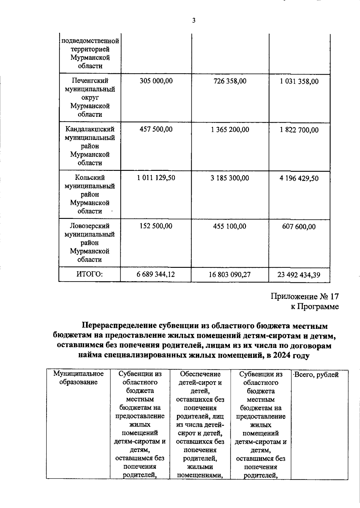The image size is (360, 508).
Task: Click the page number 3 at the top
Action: point(193,21)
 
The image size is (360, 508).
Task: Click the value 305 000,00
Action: point(156,81)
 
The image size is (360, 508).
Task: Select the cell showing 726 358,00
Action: point(230,81)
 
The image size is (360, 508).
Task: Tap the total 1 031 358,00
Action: point(299,81)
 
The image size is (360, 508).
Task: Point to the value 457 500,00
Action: point(156,129)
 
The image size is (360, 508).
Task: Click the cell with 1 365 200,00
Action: point(230,130)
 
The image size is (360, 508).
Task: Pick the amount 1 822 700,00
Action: point(299,130)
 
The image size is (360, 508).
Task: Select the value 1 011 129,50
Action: point(156,178)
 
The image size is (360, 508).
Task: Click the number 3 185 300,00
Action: point(230,178)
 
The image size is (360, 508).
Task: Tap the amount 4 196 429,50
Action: point(299,178)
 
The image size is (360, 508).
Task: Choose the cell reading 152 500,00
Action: point(156,226)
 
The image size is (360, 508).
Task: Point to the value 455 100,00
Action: point(230,226)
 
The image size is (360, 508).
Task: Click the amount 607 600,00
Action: point(299,227)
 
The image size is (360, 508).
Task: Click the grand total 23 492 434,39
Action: point(299,275)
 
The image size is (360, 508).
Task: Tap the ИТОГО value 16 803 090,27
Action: point(230,275)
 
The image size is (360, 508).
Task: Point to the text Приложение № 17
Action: point(305,297)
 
